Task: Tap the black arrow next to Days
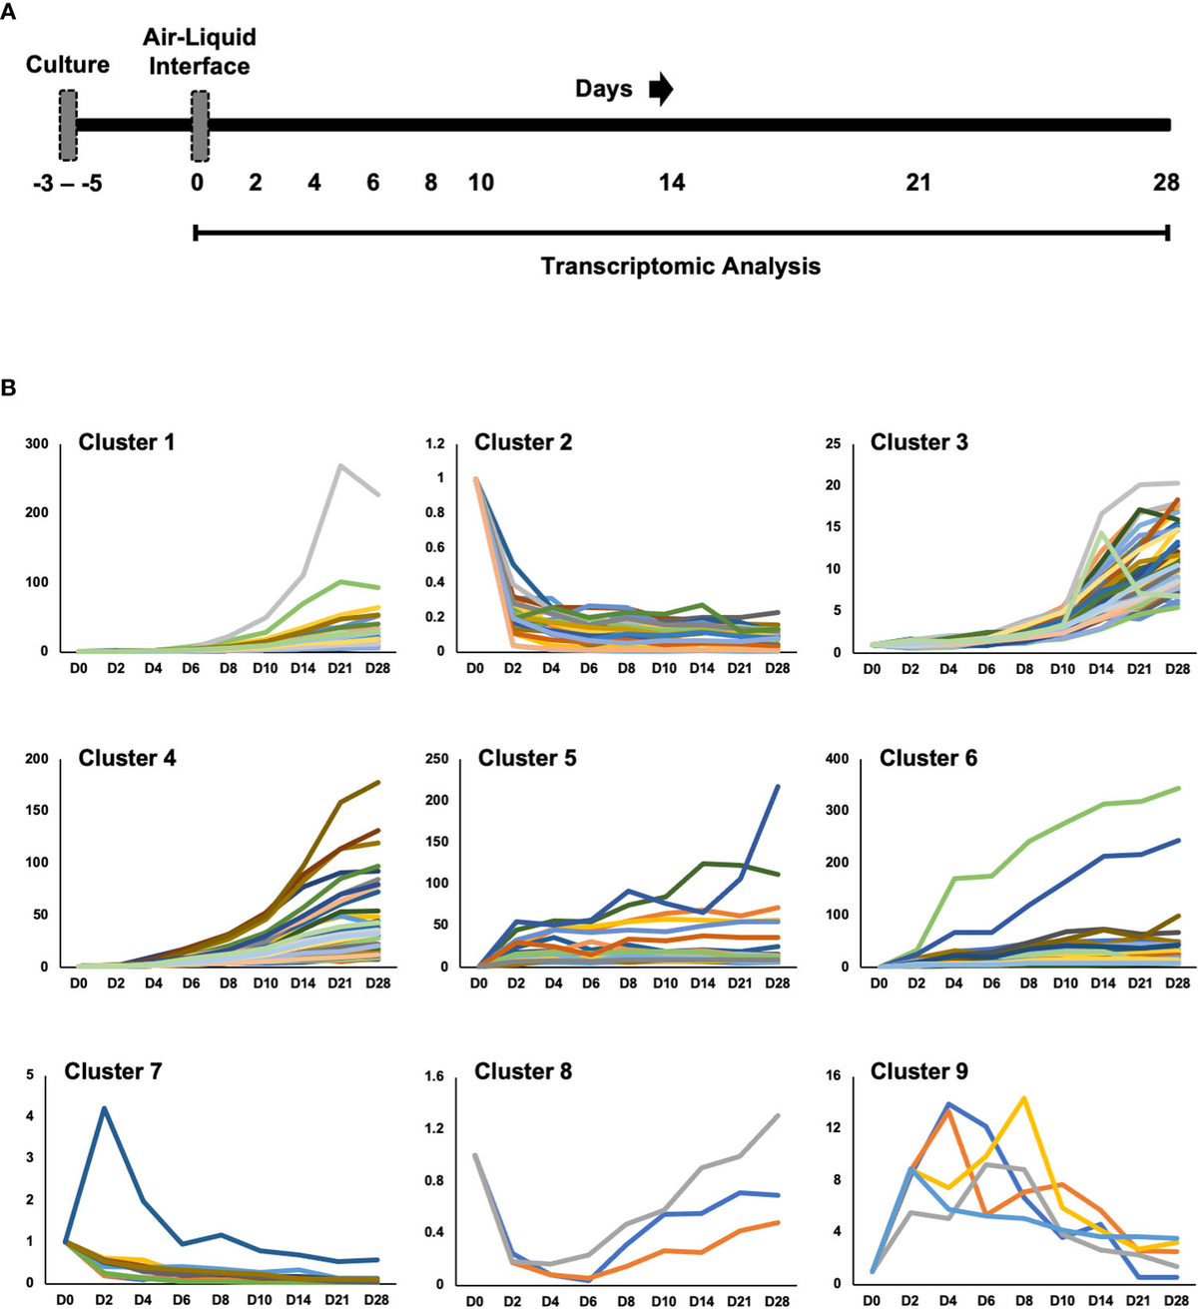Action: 661,89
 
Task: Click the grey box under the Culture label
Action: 68,125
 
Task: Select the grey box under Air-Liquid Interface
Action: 199,125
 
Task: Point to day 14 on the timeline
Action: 672,183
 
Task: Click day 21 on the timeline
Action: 917,183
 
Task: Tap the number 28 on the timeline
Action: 1165,183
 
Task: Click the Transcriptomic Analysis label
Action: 680,267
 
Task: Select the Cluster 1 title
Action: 127,442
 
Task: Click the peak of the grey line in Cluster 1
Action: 340,465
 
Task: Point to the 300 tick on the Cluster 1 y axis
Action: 37,443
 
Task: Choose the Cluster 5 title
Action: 527,758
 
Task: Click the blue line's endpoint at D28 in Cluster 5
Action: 778,787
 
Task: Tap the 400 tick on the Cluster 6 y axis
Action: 837,759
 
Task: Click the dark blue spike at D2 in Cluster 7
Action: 104,1107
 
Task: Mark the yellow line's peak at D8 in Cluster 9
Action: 1024,1098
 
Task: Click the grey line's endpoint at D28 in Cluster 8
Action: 778,1115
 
